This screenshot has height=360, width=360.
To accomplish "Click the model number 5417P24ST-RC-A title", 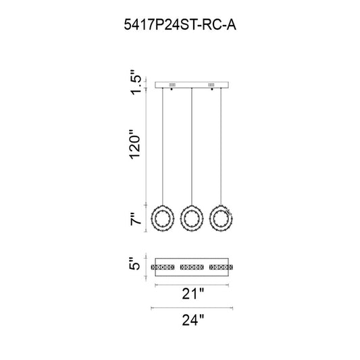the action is click(x=180, y=24).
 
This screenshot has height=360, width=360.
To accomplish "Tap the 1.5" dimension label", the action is click(x=135, y=82).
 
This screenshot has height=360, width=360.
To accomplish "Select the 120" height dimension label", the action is click(x=135, y=145).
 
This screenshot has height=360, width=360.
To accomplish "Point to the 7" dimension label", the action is click(x=135, y=219).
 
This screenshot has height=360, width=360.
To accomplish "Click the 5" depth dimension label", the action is click(x=135, y=263).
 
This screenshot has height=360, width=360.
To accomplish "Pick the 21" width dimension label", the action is click(x=193, y=294).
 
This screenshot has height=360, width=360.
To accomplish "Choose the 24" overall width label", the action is click(x=193, y=320).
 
